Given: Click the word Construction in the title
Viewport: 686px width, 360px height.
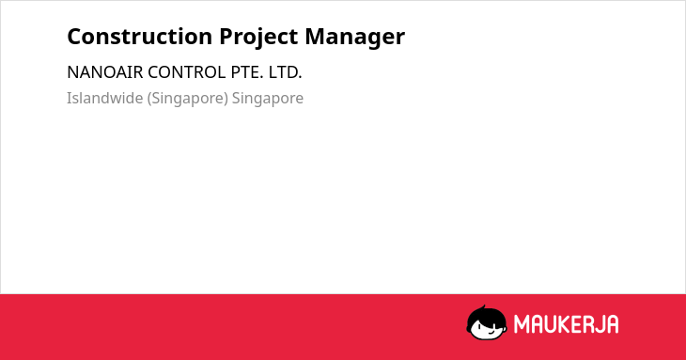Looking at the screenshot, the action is coord(140,37).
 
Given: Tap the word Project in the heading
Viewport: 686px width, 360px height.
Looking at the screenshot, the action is coord(258,38).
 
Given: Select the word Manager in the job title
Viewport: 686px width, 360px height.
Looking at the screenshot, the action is coord(355,38).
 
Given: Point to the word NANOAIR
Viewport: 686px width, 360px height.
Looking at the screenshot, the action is coord(105,72).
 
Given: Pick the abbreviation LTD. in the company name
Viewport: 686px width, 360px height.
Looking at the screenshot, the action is coord(286,72).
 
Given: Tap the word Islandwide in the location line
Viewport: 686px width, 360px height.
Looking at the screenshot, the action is coord(105,98).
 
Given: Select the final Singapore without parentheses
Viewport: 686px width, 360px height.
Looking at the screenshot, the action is coord(267,99).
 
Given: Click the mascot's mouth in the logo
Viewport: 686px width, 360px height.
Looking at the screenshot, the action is coord(491,333).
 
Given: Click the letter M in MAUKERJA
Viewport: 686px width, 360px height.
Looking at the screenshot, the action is coord(521,324).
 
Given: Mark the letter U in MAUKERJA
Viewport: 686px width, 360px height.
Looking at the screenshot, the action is coord(551,324).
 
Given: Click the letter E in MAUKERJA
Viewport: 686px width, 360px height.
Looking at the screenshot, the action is coord(576,324).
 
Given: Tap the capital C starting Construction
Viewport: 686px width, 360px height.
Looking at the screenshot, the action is coord(73,37).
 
